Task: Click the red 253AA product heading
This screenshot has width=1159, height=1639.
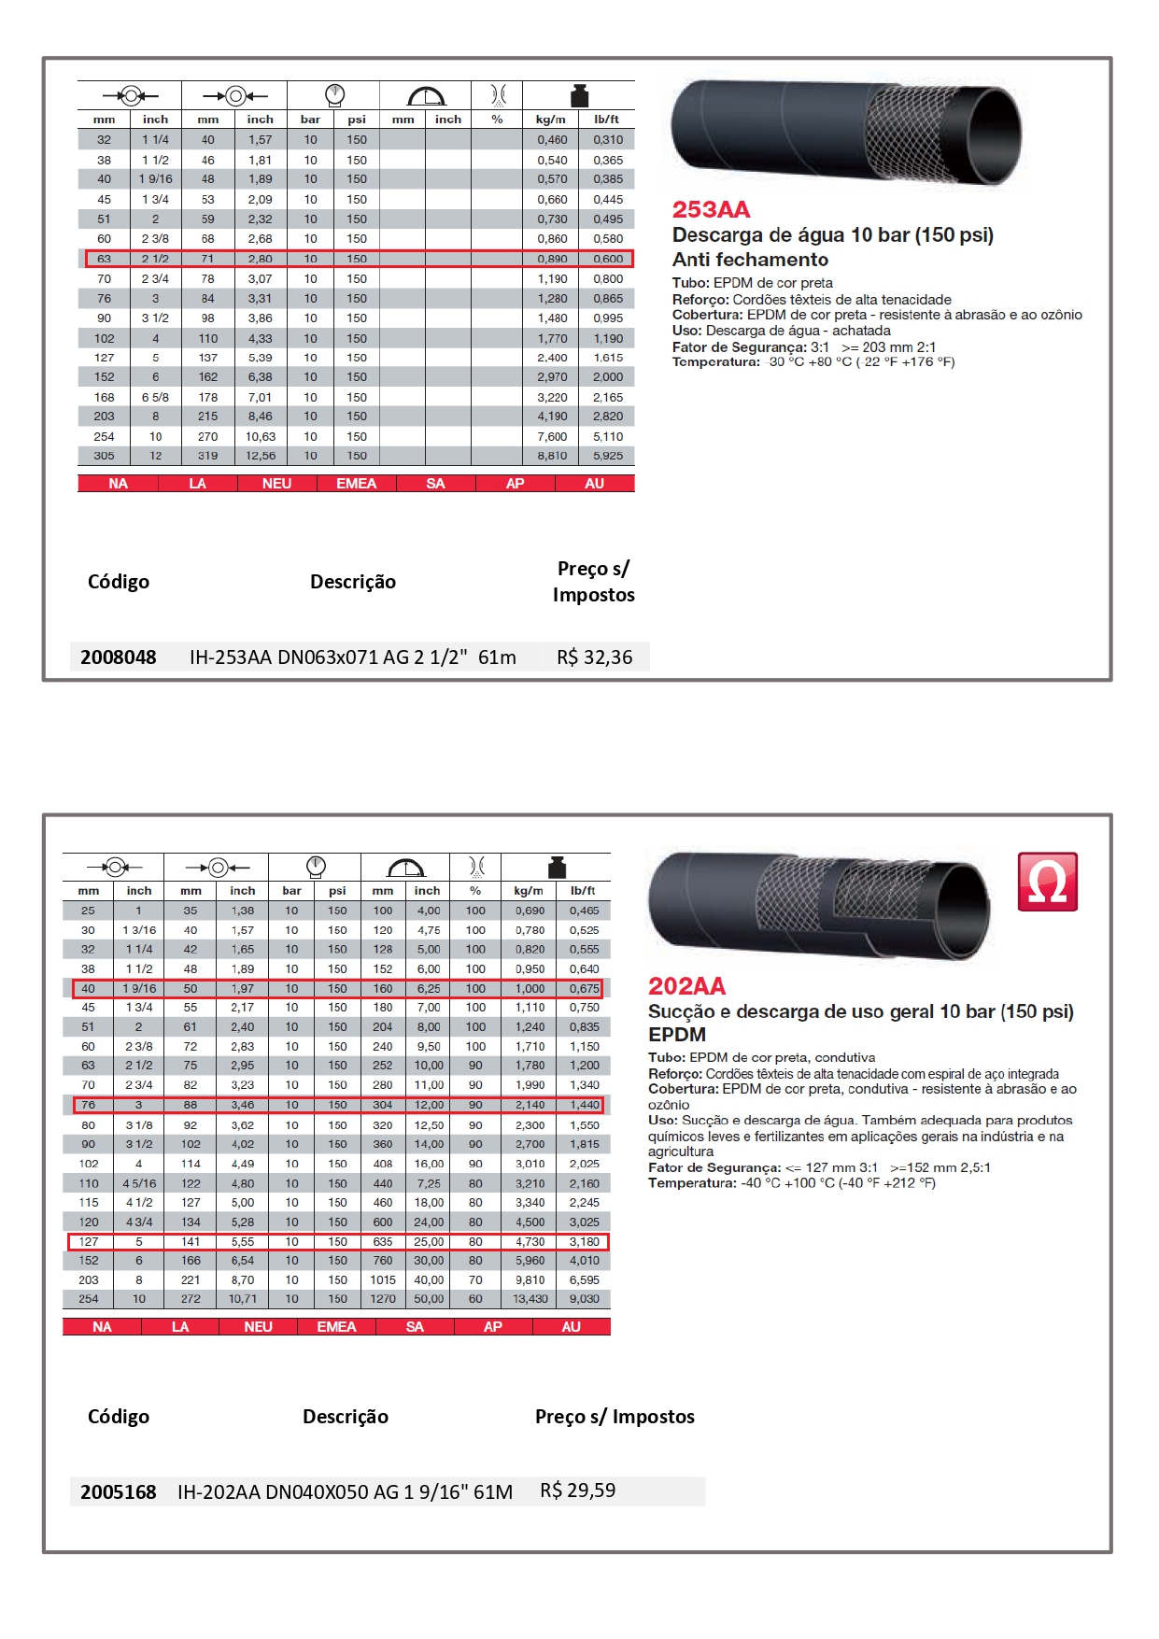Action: tap(711, 210)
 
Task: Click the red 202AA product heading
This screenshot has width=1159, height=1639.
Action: tap(686, 986)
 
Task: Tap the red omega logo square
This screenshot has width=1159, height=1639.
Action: tap(1047, 882)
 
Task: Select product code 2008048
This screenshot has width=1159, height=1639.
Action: tap(119, 657)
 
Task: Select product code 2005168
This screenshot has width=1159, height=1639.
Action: tap(119, 1491)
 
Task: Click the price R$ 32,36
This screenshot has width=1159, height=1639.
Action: tap(594, 657)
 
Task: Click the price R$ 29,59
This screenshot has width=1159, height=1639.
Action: tap(577, 1490)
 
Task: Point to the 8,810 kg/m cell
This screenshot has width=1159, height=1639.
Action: tap(552, 456)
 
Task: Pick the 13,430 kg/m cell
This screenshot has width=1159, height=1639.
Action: tap(530, 1299)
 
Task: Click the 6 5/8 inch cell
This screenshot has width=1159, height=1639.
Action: tap(155, 397)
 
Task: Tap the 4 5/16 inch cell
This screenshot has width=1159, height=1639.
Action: tap(139, 1183)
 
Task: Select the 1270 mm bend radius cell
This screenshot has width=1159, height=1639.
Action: tap(383, 1299)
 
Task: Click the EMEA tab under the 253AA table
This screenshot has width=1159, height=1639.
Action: tap(356, 484)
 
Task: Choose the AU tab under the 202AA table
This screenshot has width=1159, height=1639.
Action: tap(571, 1327)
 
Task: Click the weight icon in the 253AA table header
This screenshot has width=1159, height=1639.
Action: tap(579, 95)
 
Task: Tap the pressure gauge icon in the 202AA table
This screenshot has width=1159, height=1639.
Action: tap(315, 866)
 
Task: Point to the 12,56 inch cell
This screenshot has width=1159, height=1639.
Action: tap(261, 456)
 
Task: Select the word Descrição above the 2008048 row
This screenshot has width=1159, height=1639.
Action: tap(353, 582)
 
